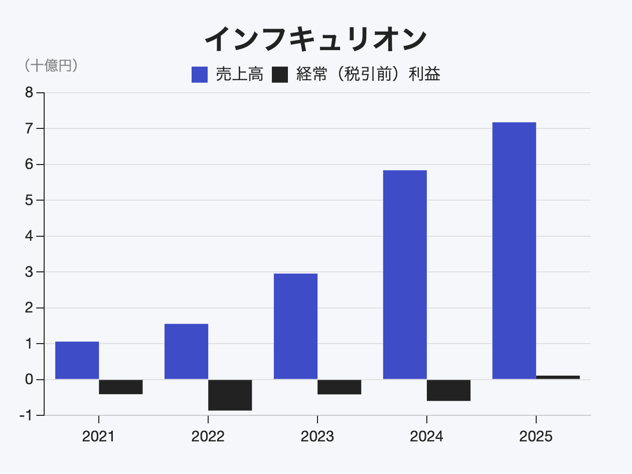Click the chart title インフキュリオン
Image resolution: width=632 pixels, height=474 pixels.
click(315, 39)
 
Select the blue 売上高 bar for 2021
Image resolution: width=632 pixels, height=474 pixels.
click(77, 360)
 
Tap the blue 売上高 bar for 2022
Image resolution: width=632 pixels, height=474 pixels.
click(186, 351)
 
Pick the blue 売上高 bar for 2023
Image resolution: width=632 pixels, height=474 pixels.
click(295, 326)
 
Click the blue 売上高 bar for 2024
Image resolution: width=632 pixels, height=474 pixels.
click(405, 274)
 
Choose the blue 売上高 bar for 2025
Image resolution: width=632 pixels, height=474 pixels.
click(514, 250)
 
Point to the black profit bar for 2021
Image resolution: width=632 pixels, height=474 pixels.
click(121, 387)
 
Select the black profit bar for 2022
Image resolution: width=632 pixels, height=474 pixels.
click(230, 395)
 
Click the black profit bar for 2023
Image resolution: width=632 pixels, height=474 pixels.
click(340, 387)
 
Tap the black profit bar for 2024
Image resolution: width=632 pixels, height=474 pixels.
click(449, 390)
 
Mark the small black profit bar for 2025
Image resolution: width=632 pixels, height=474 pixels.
click(558, 377)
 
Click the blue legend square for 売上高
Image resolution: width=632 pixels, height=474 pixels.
click(200, 75)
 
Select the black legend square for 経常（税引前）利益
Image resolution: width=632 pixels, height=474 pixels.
click(280, 75)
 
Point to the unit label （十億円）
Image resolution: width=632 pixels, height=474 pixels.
click(51, 66)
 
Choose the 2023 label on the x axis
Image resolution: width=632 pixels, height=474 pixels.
click(317, 436)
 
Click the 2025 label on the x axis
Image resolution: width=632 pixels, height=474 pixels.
click(536, 436)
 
